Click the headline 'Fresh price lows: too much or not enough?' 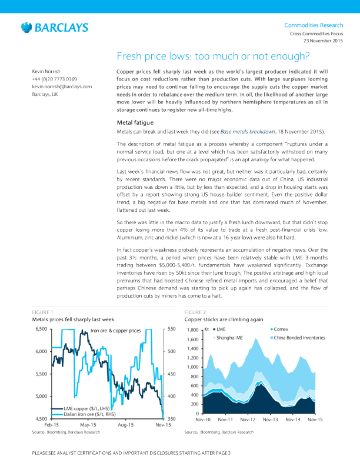pos(213,56)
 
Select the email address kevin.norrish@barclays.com pos(62,86)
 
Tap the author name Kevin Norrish pos(48,71)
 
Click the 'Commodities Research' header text pos(314,25)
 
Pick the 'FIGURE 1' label pos(42,311)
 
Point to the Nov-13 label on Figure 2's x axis pos(270,420)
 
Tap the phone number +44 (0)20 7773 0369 pos(54,79)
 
